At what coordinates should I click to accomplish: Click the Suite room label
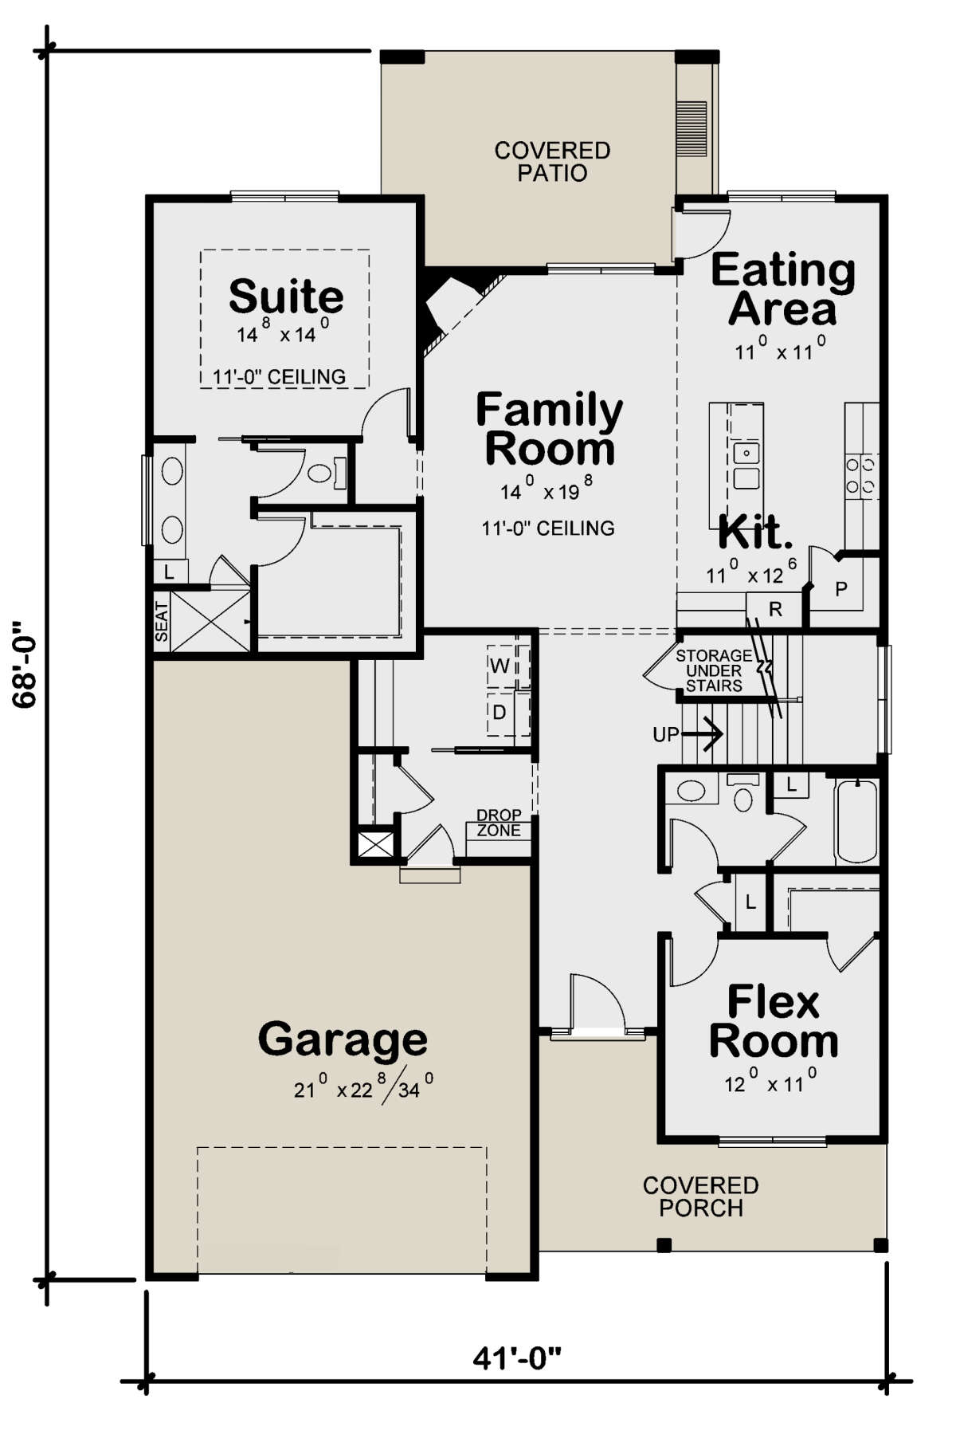point(286,297)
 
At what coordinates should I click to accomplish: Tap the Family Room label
point(550,429)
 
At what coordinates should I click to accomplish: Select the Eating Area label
point(783,289)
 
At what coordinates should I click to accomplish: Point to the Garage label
point(343,1039)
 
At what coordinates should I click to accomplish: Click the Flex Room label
point(774,1021)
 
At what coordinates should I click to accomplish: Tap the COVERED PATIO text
point(552,162)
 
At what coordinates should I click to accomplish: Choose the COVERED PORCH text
point(701,1197)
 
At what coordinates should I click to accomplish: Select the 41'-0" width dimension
point(517,1358)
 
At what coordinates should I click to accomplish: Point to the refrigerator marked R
point(775,609)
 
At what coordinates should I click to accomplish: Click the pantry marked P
point(841,589)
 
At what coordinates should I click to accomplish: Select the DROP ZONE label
point(499,823)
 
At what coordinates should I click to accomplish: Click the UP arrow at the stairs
point(688,733)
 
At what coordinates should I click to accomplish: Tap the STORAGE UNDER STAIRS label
point(714,670)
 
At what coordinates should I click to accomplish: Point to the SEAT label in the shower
point(162,622)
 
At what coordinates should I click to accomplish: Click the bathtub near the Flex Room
point(856,821)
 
